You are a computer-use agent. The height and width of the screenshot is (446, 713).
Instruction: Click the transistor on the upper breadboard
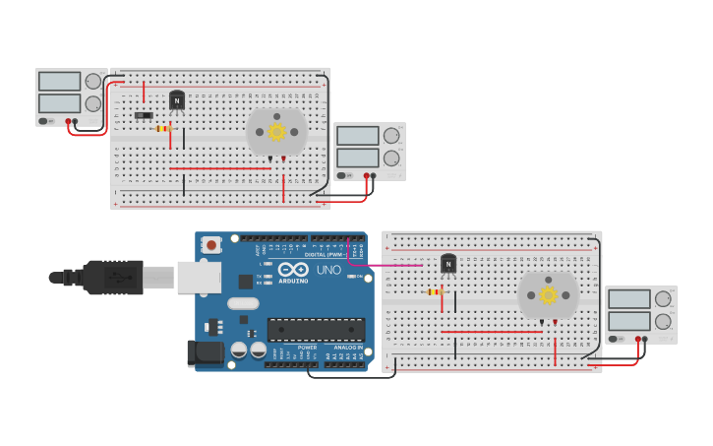[177, 99]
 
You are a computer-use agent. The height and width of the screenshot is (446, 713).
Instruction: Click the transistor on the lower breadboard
[448, 263]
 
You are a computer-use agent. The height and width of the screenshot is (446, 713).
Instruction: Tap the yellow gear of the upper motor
[276, 131]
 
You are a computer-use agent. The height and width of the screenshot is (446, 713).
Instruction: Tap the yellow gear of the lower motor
[548, 294]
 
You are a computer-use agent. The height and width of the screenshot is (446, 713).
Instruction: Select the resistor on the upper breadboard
[164, 128]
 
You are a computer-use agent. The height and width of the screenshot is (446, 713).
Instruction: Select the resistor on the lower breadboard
[435, 291]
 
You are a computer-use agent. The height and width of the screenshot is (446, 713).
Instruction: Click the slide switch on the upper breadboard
[144, 115]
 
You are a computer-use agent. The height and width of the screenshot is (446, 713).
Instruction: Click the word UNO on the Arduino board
[327, 271]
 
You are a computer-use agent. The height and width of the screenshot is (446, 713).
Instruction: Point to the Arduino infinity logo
[292, 269]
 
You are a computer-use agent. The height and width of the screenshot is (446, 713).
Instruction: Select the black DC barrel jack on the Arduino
[204, 352]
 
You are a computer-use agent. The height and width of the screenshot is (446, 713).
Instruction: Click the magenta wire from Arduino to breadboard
[388, 265]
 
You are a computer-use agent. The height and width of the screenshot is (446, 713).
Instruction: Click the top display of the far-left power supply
[59, 82]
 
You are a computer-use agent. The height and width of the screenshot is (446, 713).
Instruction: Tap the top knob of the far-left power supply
[93, 82]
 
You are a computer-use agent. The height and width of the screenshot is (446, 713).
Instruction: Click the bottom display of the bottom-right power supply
[628, 320]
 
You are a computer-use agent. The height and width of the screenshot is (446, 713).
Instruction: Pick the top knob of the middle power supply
[391, 136]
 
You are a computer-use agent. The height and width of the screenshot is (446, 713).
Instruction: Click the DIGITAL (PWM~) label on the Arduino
[324, 254]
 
